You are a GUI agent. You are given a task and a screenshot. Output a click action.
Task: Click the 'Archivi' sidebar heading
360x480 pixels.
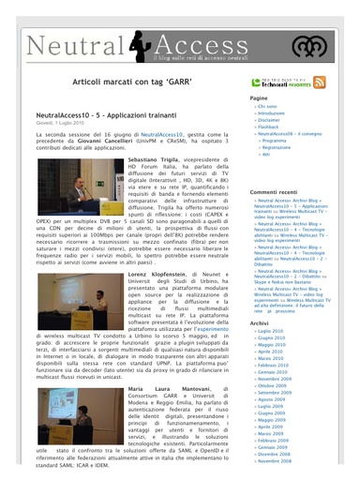tap(259, 322)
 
